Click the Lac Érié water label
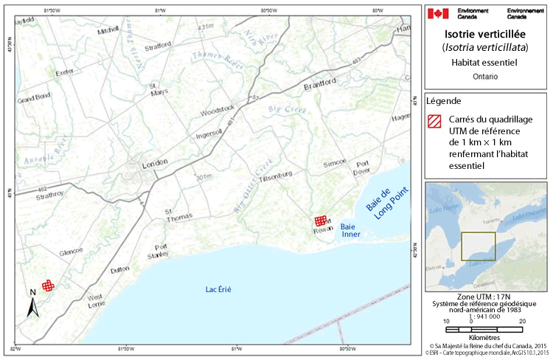click(x=218, y=289)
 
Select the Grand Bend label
click(x=33, y=97)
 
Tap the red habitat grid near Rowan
click(x=320, y=221)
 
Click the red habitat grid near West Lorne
click(x=48, y=285)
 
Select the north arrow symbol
click(x=32, y=303)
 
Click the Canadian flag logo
click(x=438, y=13)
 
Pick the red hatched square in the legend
click(x=435, y=120)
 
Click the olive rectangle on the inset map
click(x=478, y=246)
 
